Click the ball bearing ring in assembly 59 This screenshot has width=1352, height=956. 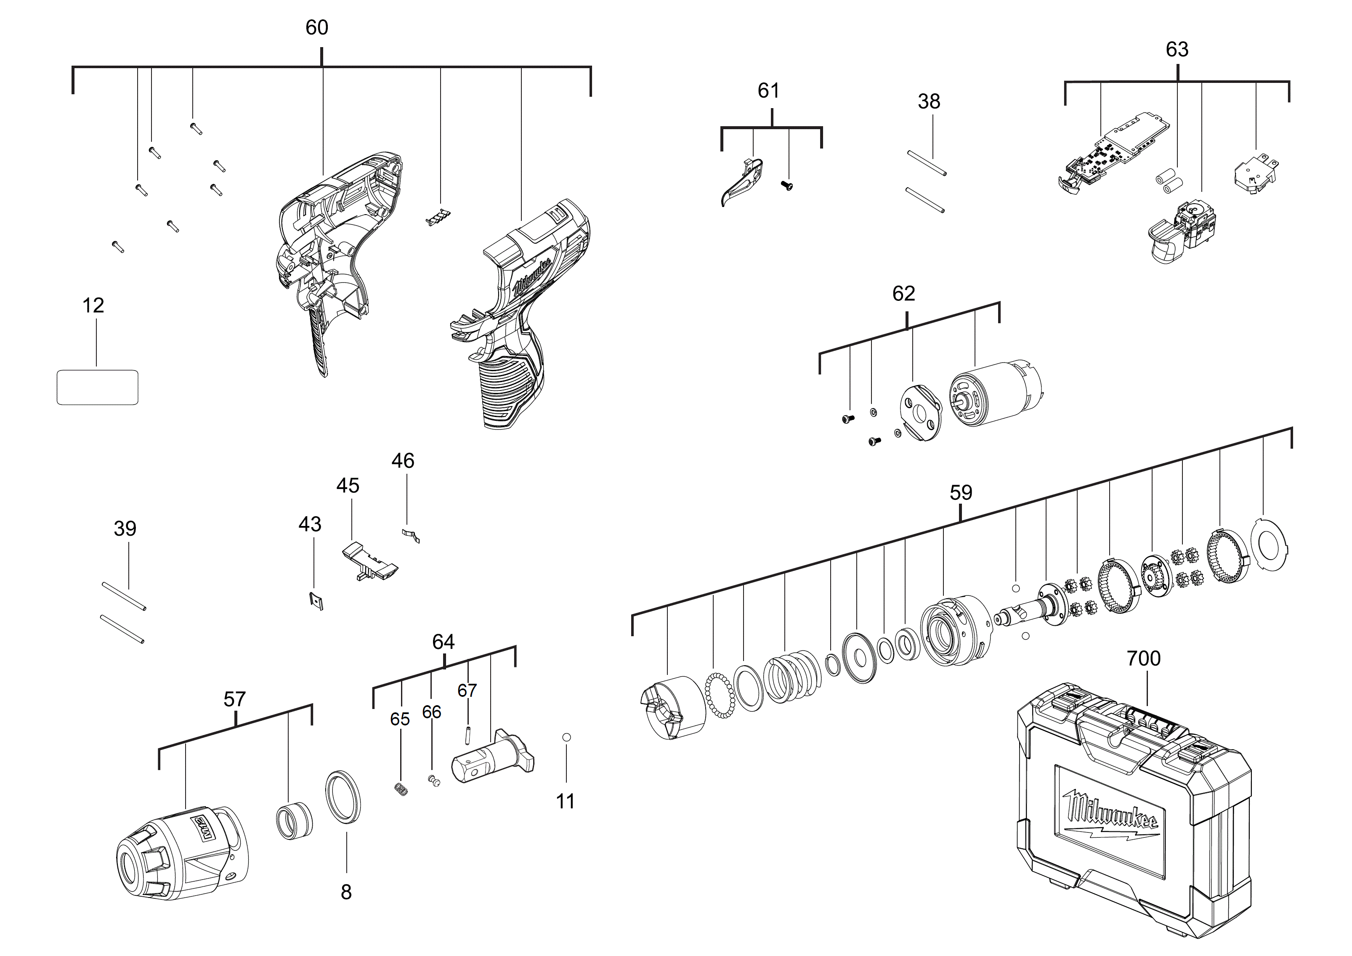click(x=720, y=695)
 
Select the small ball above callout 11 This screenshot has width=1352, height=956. click(x=566, y=737)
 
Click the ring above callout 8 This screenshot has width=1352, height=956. click(x=343, y=796)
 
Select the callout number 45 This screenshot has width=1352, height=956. click(x=348, y=486)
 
